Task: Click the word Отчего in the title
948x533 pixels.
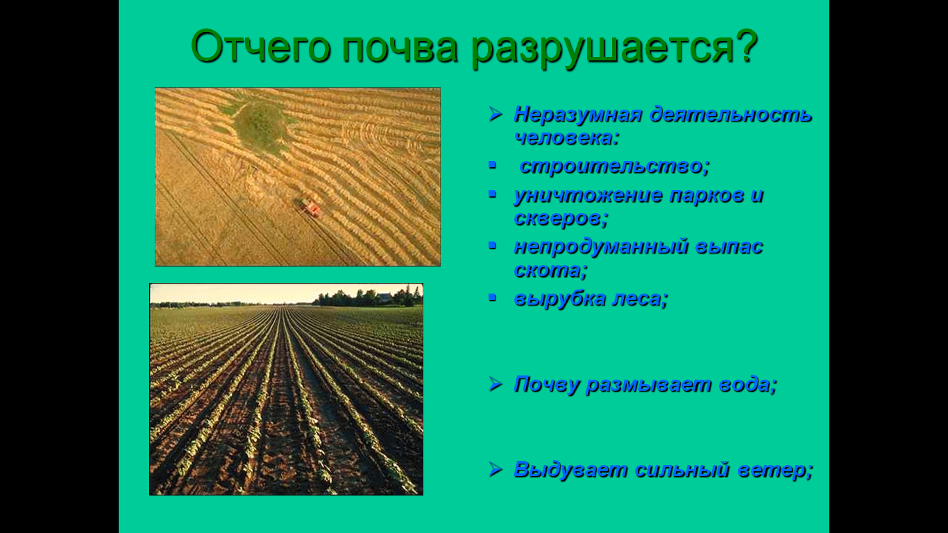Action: pyautogui.click(x=261, y=46)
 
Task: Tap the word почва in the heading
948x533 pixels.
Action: pyautogui.click(x=400, y=47)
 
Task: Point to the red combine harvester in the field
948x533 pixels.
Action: pyautogui.click(x=310, y=207)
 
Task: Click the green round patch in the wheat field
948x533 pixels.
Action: pyautogui.click(x=260, y=125)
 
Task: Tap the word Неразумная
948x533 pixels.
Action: pyautogui.click(x=578, y=115)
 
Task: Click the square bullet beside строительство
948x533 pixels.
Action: pyautogui.click(x=492, y=164)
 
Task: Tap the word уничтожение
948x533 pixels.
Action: pyautogui.click(x=589, y=196)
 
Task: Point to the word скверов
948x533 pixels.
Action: pyautogui.click(x=561, y=219)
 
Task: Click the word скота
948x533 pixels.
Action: pyautogui.click(x=550, y=271)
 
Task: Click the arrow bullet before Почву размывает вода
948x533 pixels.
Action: pyautogui.click(x=496, y=384)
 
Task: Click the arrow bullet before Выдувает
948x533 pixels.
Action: pyautogui.click(x=496, y=468)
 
